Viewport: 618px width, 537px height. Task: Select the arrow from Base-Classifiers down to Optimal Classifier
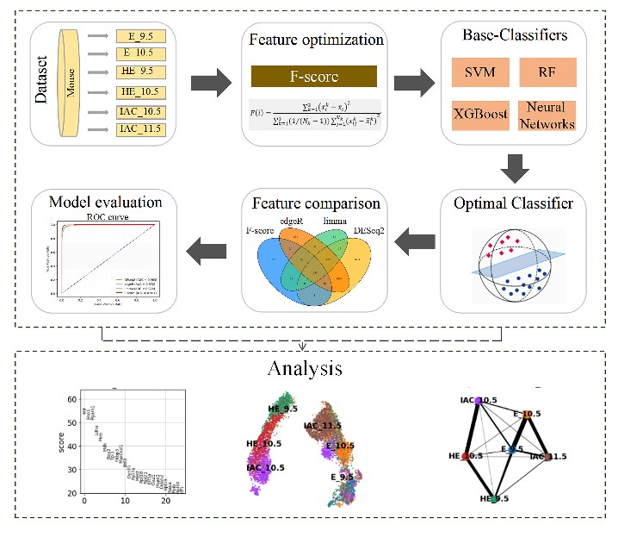pos(515,167)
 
